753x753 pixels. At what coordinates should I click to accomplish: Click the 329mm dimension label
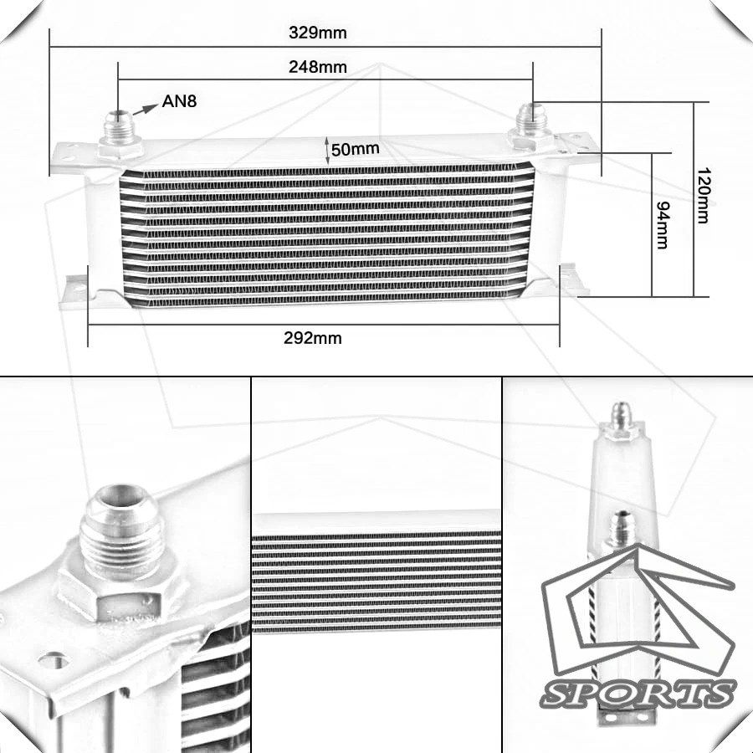(317, 33)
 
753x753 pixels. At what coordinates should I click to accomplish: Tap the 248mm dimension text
(317, 67)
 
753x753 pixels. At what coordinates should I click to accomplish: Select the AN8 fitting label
(179, 101)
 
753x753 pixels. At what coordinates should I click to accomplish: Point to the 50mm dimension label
(355, 149)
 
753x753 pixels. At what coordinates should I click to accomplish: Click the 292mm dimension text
(313, 338)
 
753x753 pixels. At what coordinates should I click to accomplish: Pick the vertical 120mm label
(703, 196)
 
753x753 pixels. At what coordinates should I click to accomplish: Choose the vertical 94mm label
(663, 225)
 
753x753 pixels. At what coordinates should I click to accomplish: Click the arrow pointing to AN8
(145, 110)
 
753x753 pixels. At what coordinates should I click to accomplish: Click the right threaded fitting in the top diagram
(532, 125)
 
